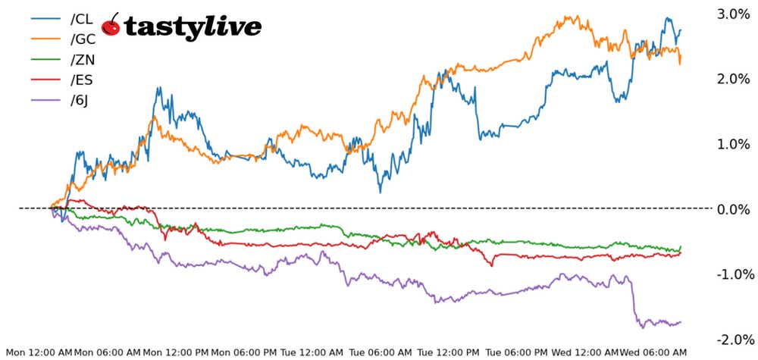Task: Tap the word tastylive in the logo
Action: tap(193, 27)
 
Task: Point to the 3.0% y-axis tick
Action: tap(733, 14)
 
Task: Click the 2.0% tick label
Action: tap(733, 79)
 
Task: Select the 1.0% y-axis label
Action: tap(733, 144)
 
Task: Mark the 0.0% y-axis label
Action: tap(733, 208)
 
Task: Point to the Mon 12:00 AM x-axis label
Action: tap(39, 352)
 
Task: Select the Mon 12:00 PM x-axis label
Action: tap(176, 352)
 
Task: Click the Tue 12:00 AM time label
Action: tap(312, 352)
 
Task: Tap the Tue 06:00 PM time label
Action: tap(517, 352)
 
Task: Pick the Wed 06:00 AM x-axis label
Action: tap(653, 352)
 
